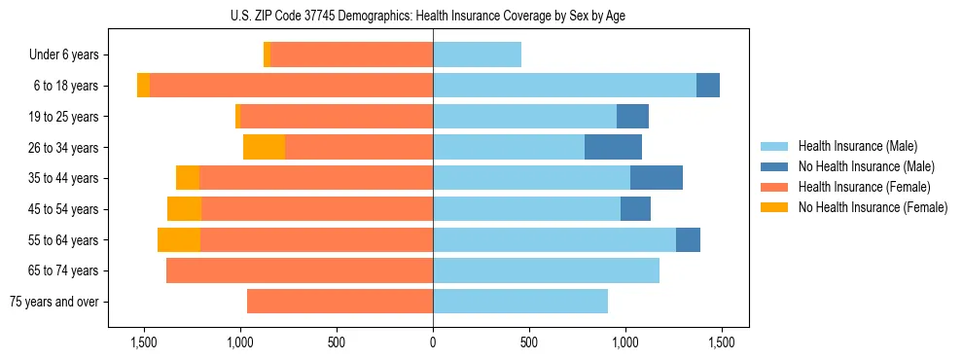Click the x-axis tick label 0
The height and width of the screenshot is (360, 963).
[x=433, y=342]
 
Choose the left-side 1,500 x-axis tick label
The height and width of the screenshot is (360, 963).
[x=144, y=342]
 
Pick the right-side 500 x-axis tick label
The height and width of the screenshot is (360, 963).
[x=529, y=342]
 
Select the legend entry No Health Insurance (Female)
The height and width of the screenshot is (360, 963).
[x=873, y=207]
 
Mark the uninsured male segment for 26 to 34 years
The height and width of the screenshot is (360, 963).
[x=613, y=147]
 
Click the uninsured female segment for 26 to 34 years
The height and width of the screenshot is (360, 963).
[x=264, y=147]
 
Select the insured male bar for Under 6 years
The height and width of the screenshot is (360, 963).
[x=477, y=54]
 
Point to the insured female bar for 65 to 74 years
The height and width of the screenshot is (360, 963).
[x=300, y=270]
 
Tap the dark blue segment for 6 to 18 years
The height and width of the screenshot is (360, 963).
[x=708, y=86]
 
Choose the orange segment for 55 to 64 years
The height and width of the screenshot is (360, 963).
[x=179, y=239]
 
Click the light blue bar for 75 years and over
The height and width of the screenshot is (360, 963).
[x=520, y=302]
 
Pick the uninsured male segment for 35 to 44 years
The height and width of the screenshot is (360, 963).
[x=657, y=178]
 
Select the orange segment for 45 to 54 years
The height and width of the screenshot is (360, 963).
[x=184, y=209]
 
